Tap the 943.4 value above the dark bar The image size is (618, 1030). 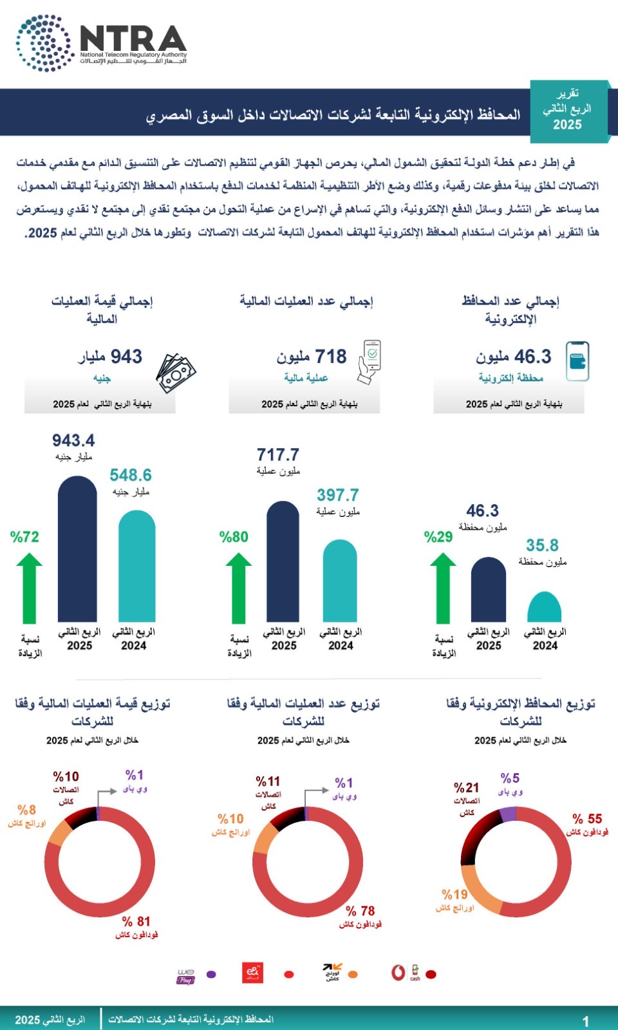pyautogui.click(x=73, y=441)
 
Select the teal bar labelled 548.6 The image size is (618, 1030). pyautogui.click(x=137, y=566)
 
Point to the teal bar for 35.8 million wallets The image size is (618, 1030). pyautogui.click(x=544, y=608)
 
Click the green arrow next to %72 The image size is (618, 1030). pyautogui.click(x=29, y=588)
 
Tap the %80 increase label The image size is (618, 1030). pyautogui.click(x=234, y=537)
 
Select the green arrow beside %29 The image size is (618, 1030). pyautogui.click(x=443, y=588)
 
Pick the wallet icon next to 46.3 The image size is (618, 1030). pyautogui.click(x=577, y=361)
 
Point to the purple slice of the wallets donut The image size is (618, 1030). pyautogui.click(x=508, y=814)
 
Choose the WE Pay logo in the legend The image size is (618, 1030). pyautogui.click(x=185, y=975)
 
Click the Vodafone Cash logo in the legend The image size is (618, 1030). pyautogui.click(x=406, y=973)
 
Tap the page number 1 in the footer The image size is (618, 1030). pyautogui.click(x=585, y=1021)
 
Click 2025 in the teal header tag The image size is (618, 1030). pyautogui.click(x=567, y=125)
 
